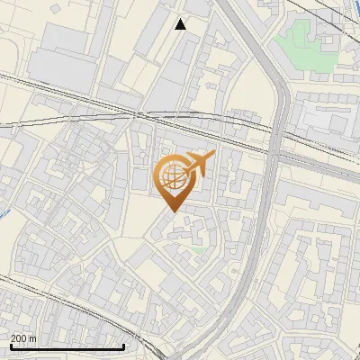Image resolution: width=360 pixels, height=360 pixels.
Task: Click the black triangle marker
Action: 181,24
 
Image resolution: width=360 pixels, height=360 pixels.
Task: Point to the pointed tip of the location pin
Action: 171,211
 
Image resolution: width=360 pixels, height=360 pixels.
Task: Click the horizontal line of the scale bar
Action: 67,346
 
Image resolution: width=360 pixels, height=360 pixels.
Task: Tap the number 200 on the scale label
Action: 19,338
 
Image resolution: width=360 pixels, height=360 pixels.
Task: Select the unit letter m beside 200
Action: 32,338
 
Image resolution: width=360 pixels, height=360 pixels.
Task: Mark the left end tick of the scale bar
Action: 10,346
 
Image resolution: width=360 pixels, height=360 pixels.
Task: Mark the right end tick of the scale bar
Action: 123,346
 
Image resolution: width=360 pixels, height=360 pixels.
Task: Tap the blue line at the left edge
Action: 4,215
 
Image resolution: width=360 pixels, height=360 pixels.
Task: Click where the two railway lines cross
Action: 135,114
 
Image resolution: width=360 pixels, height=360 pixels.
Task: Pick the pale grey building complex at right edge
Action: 328,117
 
